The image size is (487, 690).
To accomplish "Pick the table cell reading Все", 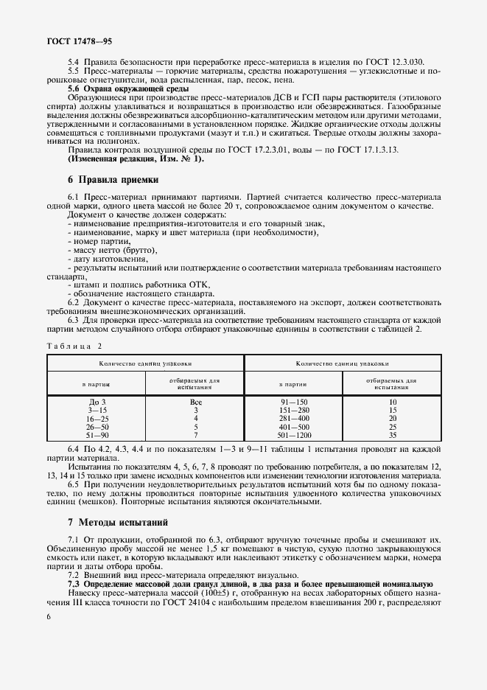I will click(x=195, y=402).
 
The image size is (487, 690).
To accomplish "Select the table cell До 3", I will click(x=97, y=402).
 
